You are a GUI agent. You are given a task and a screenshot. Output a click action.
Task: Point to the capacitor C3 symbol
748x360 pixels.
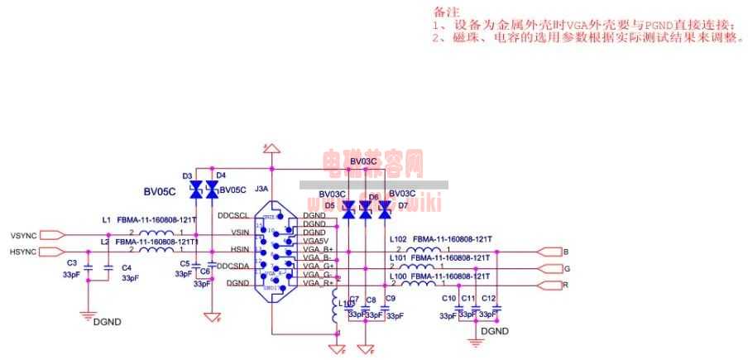(87, 268)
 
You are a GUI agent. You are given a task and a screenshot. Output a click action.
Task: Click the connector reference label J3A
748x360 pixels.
(261, 189)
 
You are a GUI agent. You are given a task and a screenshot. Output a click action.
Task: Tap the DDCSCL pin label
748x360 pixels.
(233, 215)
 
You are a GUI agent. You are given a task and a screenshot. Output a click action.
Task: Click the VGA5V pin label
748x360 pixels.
(317, 241)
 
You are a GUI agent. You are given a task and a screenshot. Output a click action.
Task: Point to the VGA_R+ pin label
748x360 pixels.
(318, 284)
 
